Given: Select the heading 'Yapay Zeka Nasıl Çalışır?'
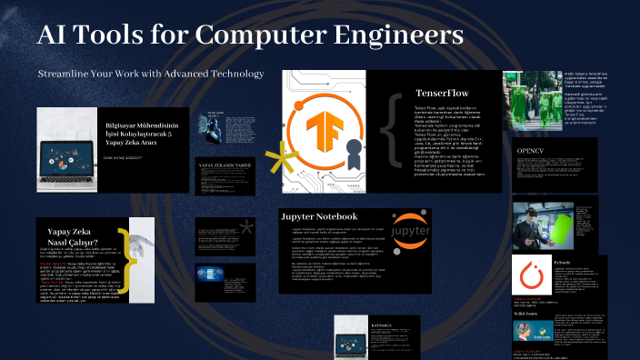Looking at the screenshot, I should pyautogui.click(x=71, y=237).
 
